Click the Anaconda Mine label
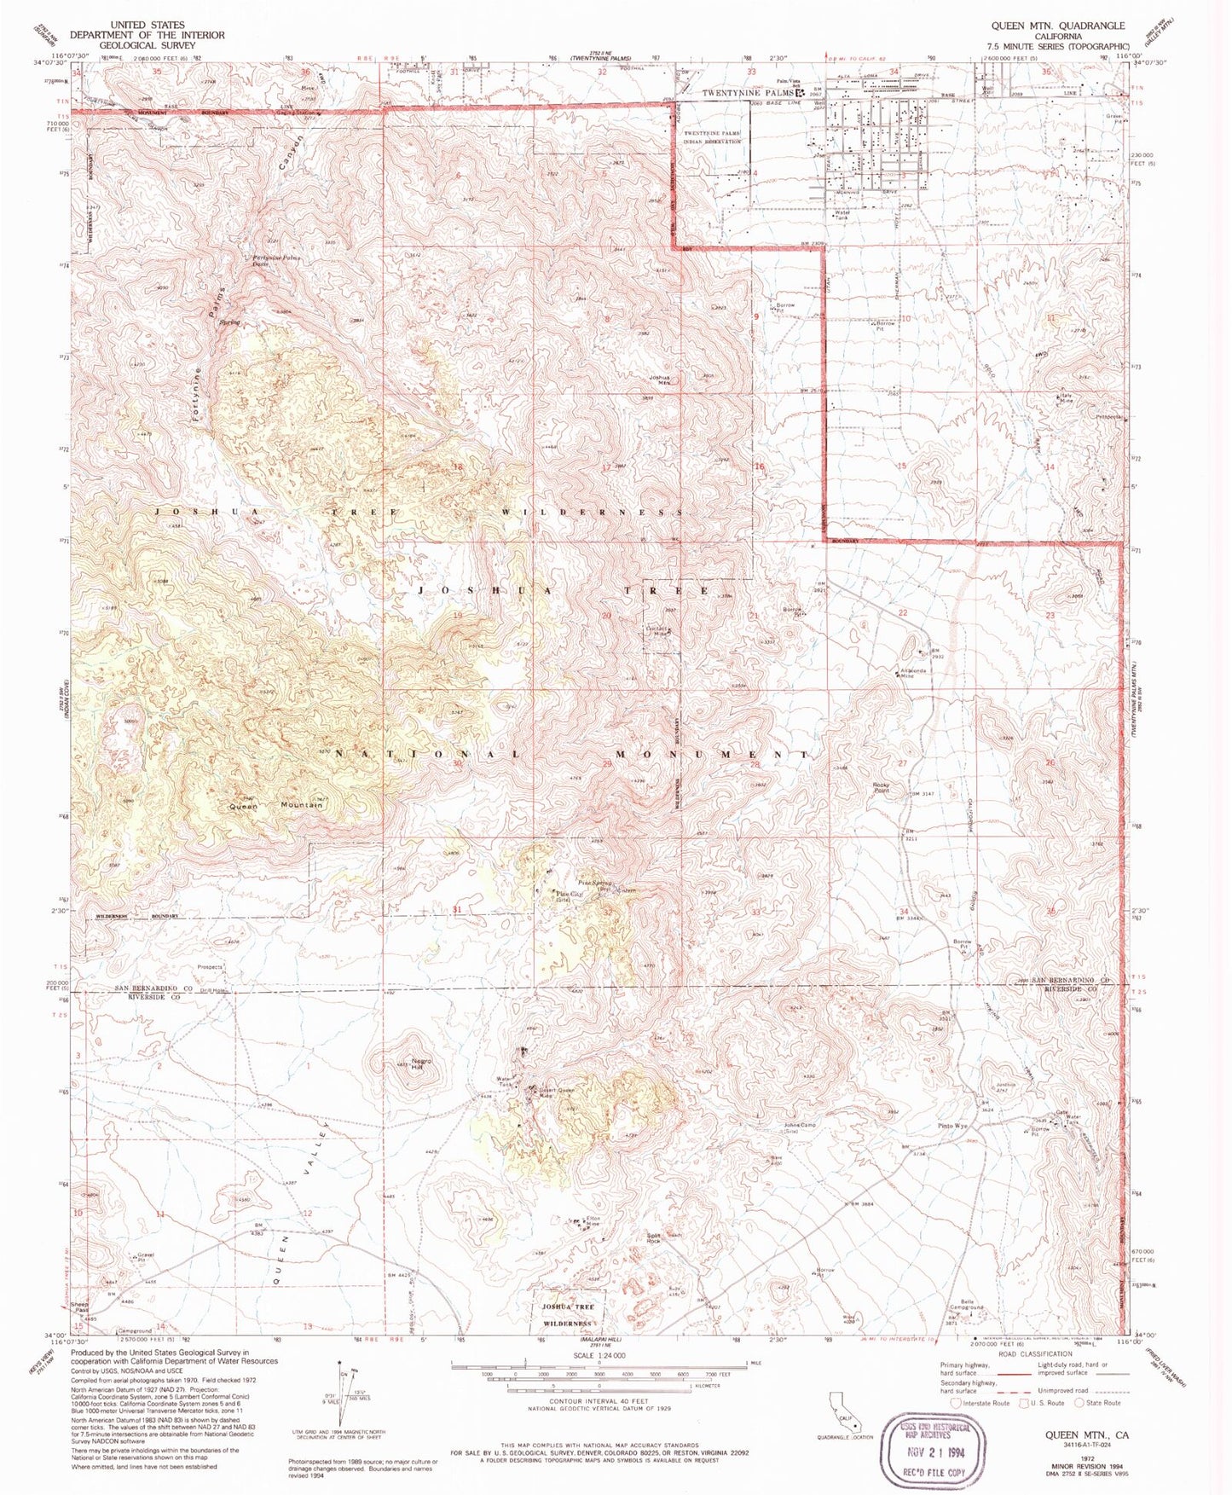(913, 673)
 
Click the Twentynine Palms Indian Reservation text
(714, 137)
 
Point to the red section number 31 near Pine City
(457, 910)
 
